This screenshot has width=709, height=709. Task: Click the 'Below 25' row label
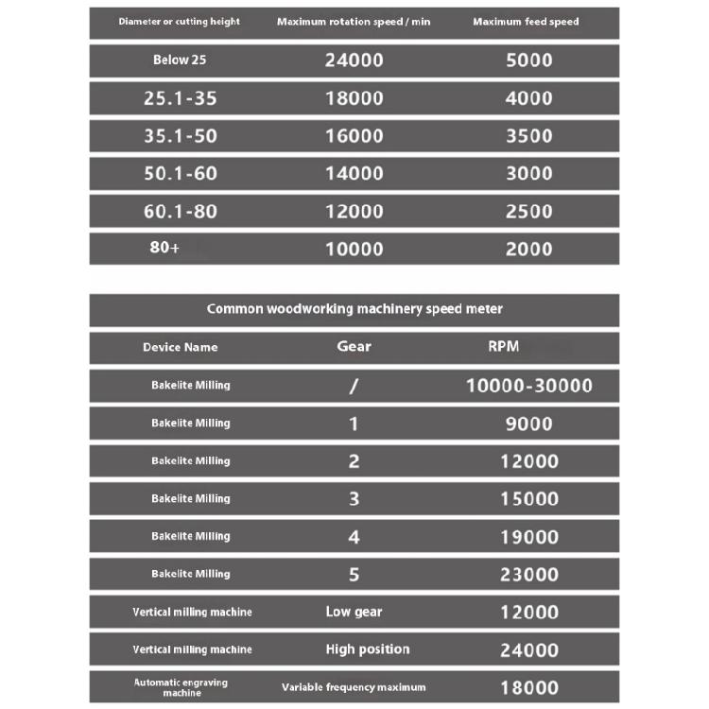tap(180, 61)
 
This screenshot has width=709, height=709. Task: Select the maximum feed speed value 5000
tap(528, 61)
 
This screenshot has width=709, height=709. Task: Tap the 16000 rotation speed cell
tap(354, 136)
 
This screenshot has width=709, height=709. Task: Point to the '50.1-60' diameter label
tap(180, 174)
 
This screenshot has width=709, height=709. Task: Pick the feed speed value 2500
tap(528, 212)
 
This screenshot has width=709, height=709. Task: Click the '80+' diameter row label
tap(164, 250)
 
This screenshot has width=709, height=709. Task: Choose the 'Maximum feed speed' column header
tap(526, 22)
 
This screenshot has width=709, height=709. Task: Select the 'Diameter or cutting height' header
tap(180, 22)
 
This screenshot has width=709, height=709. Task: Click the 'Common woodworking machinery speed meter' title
tap(354, 309)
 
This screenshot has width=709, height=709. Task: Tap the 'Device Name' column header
tap(180, 347)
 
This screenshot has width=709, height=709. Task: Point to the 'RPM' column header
tap(503, 346)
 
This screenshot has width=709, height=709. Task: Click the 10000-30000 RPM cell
tap(529, 386)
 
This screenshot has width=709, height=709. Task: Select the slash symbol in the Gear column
tap(354, 386)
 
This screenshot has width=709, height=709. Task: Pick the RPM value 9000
tap(528, 424)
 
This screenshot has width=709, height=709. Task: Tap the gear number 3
tap(354, 499)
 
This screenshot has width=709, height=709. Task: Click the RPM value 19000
tap(528, 537)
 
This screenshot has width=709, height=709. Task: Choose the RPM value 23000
tap(528, 575)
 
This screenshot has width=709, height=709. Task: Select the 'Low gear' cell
tap(354, 612)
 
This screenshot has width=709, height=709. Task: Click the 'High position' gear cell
tap(368, 649)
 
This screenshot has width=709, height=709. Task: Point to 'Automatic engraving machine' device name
tap(180, 687)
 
